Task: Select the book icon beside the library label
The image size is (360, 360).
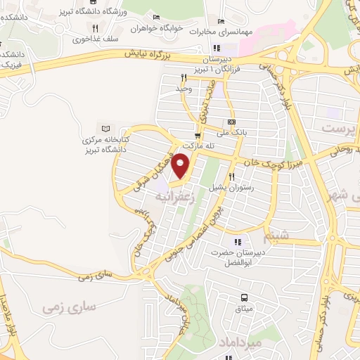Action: pos(105,129)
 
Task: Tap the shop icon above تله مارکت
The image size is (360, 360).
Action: pos(198,134)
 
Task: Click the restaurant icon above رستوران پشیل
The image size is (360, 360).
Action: pos(231,177)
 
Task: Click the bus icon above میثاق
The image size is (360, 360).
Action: pos(244,297)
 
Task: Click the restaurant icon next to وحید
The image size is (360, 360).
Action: pos(183,78)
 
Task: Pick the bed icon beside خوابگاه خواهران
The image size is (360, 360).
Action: pos(155,18)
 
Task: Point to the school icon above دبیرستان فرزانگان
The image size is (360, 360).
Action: pos(218,49)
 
